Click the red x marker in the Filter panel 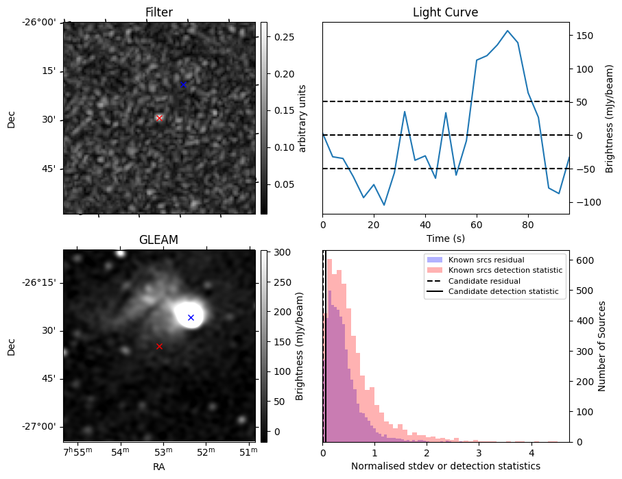[x=159, y=118]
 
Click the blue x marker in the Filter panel [x=183, y=84]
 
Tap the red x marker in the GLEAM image [x=159, y=346]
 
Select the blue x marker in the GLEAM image [x=191, y=317]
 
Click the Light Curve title [x=445, y=12]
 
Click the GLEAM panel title [x=158, y=240]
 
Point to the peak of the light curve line [x=507, y=31]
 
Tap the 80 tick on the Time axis [x=528, y=224]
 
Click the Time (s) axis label [x=445, y=238]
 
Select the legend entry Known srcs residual [x=486, y=260]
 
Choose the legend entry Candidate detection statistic [x=503, y=292]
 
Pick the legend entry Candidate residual [x=484, y=282]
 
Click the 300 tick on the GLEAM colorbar [x=278, y=252]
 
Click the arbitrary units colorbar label [x=302, y=118]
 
